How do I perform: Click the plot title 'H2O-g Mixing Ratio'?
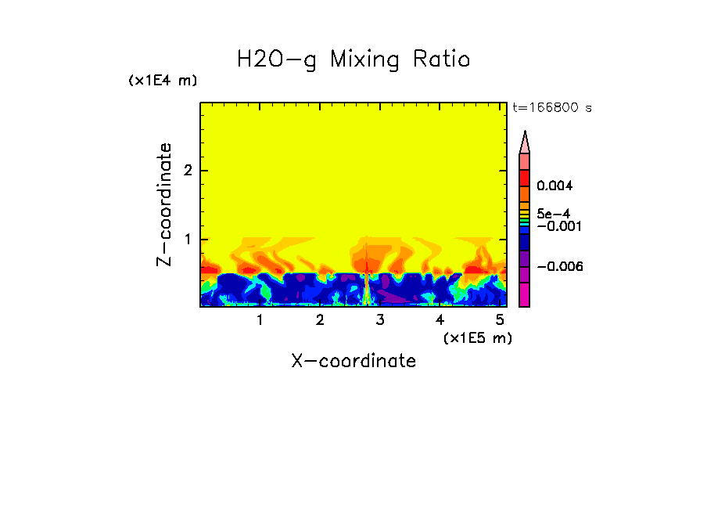tap(353, 59)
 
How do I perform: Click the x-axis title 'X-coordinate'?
tap(353, 361)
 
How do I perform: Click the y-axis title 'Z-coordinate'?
tap(164, 204)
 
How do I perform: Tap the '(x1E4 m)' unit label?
tap(163, 81)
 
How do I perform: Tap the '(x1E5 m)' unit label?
tap(477, 337)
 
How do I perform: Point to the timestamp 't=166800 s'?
tap(551, 108)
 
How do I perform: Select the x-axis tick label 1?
tap(260, 320)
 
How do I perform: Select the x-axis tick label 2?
tap(320, 320)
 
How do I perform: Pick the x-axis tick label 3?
tap(380, 320)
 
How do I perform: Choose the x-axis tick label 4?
tap(440, 320)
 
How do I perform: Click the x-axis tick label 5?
tap(500, 320)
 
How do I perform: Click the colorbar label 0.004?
tap(554, 186)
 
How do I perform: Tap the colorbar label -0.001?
tap(556, 226)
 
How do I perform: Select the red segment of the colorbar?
tap(525, 177)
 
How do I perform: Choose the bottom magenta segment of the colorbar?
tap(525, 295)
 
